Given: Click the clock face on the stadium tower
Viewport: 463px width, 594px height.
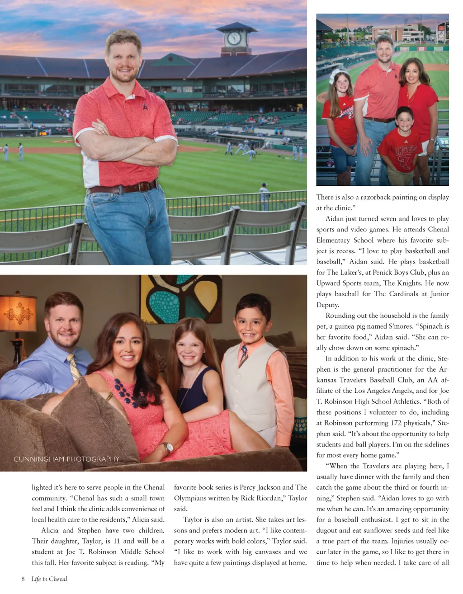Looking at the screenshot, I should [234, 38].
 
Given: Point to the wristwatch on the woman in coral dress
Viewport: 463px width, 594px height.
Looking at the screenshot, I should [168, 448].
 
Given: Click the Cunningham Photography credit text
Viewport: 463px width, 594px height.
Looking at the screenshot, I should [66, 459].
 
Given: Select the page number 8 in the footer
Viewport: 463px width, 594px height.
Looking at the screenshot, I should [23, 579].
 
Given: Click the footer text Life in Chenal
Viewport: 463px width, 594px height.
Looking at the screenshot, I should [49, 579].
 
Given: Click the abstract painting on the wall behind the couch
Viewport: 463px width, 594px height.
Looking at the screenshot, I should [181, 299].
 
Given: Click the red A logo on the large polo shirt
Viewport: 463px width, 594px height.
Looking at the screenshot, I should [145, 107].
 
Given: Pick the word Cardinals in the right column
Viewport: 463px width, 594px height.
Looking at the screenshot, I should [405, 294].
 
